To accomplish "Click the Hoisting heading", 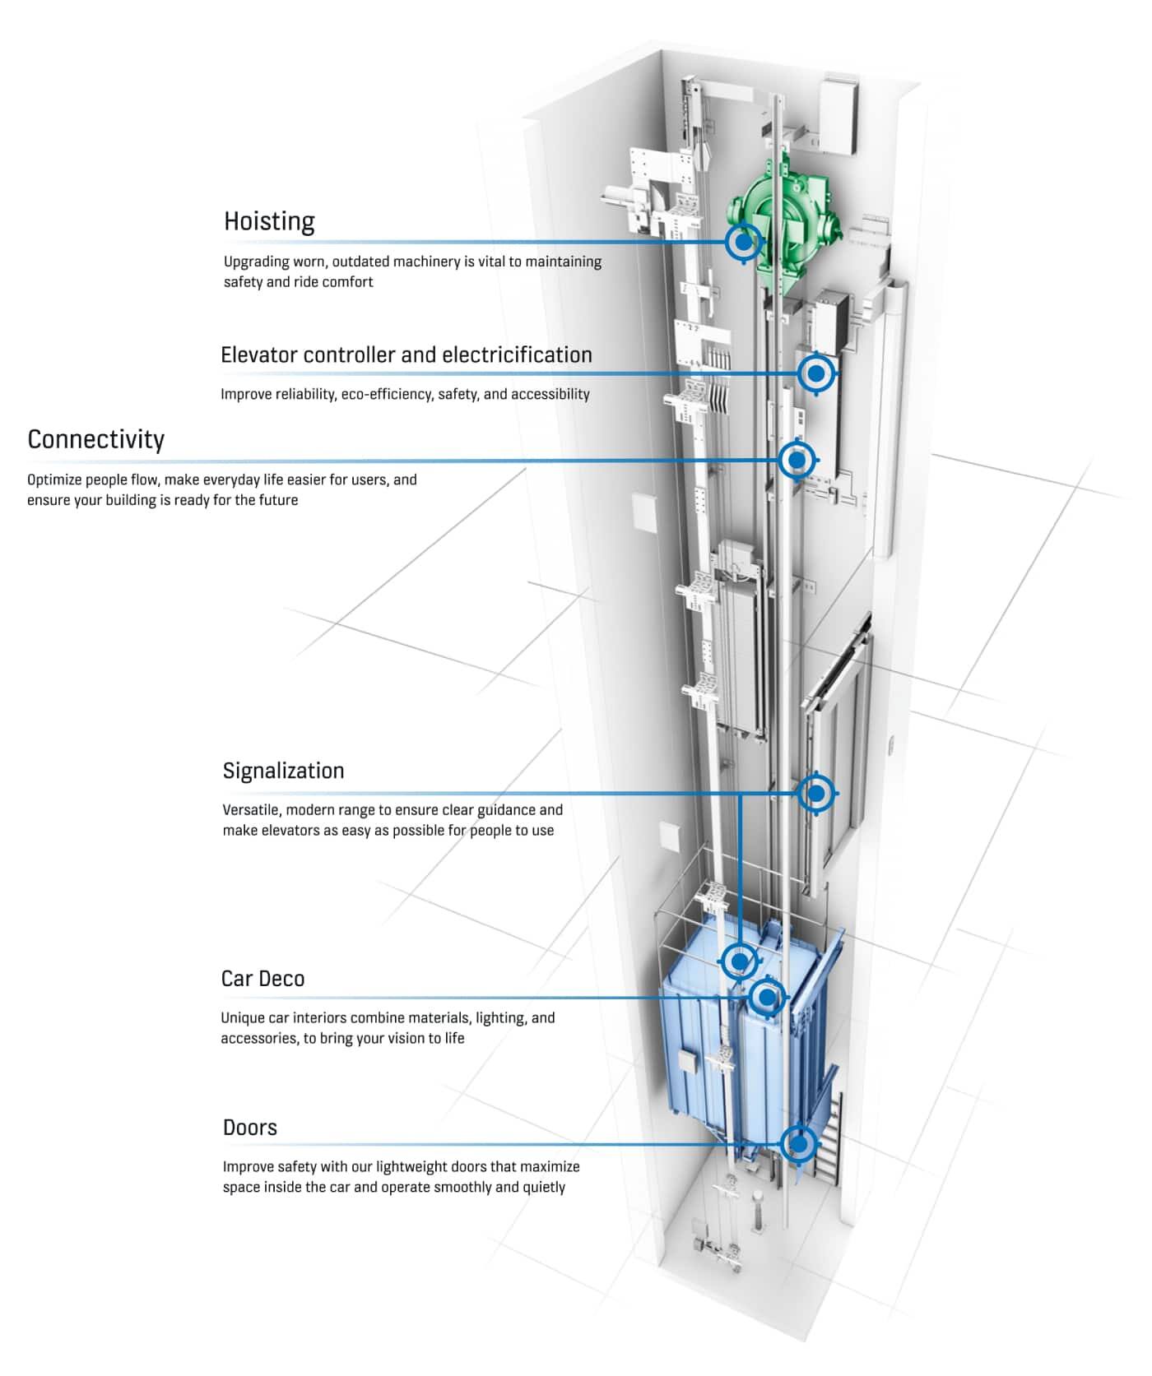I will tap(269, 221).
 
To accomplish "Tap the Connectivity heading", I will tap(95, 439).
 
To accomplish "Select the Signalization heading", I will tap(283, 771).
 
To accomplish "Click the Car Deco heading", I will tap(262, 979).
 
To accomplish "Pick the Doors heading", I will tap(249, 1128).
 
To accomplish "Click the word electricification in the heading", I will tap(517, 354).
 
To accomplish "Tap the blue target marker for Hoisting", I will tap(744, 242).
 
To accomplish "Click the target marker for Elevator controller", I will tap(816, 373).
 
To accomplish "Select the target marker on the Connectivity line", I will tap(797, 460).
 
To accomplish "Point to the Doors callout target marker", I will tap(797, 1143).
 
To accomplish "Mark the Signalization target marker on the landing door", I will tap(816, 793).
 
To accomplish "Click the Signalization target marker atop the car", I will tap(739, 960).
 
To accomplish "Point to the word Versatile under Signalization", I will tap(250, 810).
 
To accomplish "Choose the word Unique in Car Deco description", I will tap(243, 1018).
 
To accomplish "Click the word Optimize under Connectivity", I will tap(54, 480).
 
